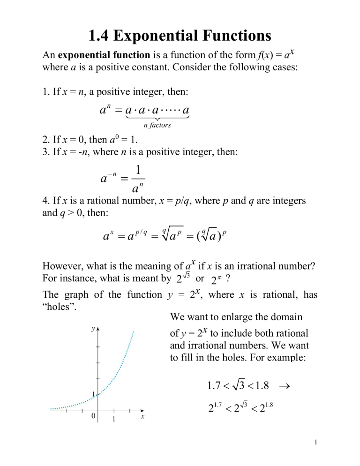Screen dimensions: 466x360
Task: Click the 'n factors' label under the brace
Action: tap(157, 126)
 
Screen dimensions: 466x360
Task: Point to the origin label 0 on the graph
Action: tap(94, 417)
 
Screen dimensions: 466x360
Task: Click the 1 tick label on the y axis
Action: tap(93, 394)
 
